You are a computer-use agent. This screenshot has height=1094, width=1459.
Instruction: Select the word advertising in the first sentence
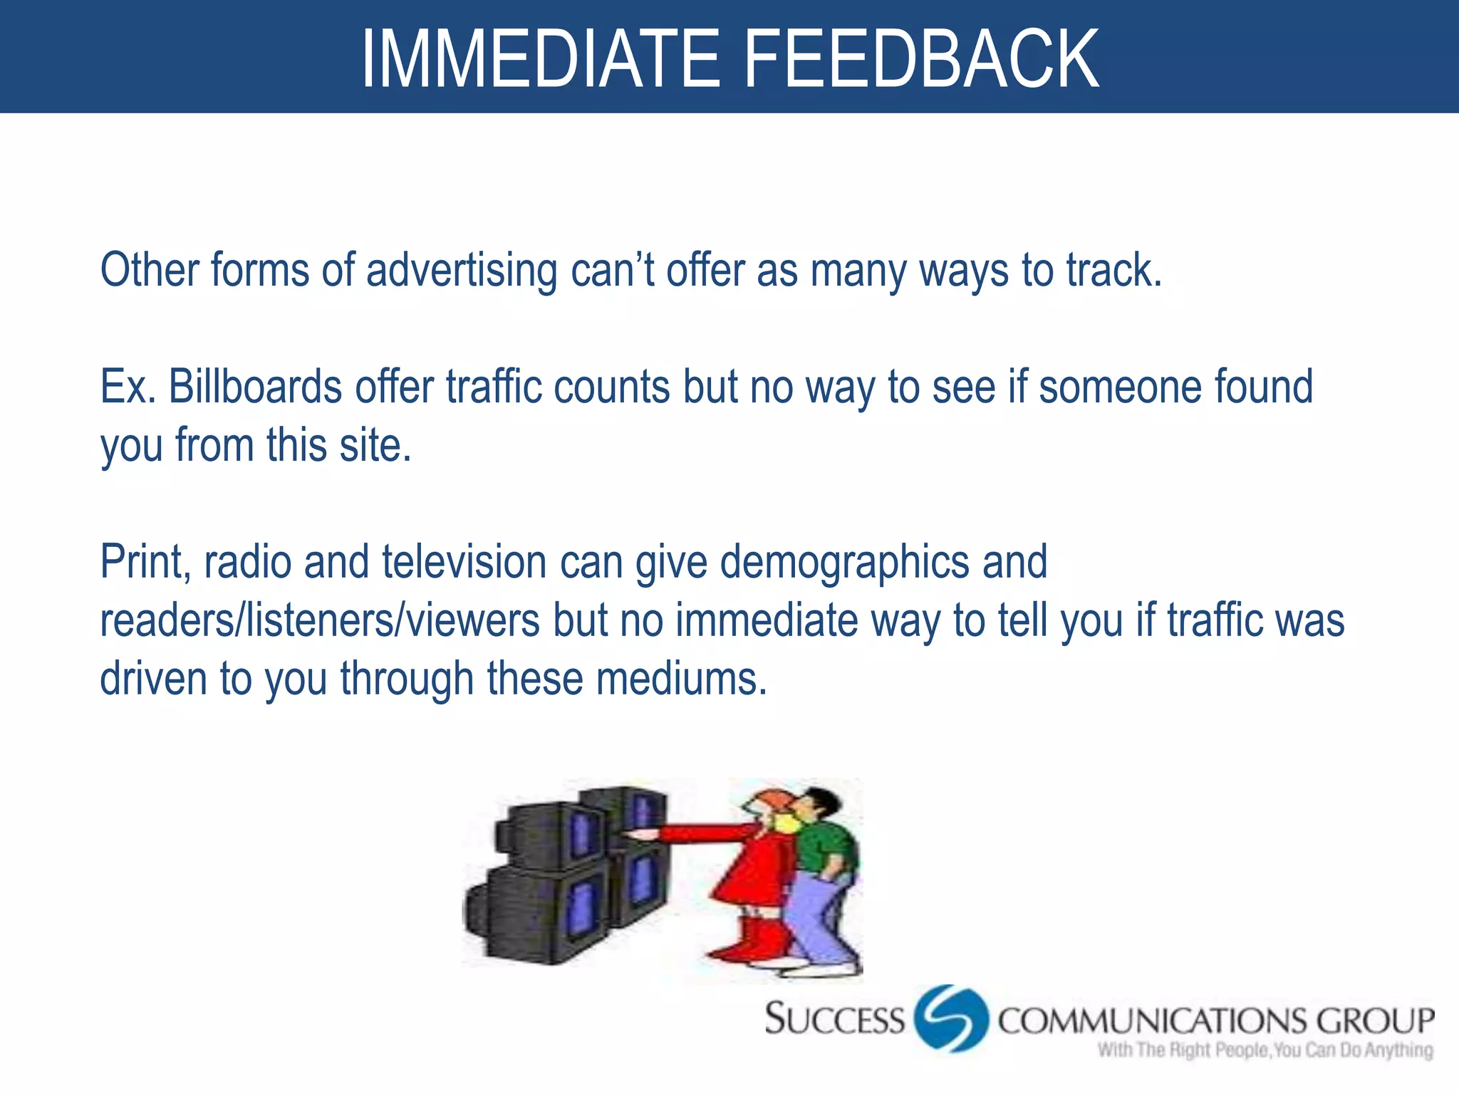462,271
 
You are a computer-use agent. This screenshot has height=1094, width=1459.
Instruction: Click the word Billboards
255,387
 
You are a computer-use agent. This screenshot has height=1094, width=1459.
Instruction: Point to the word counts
611,387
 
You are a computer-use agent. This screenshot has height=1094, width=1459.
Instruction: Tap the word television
464,563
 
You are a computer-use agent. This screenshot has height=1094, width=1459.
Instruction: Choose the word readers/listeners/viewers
320,621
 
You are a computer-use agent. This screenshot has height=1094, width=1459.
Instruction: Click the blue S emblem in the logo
951,1018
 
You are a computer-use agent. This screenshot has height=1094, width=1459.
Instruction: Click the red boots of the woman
755,940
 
